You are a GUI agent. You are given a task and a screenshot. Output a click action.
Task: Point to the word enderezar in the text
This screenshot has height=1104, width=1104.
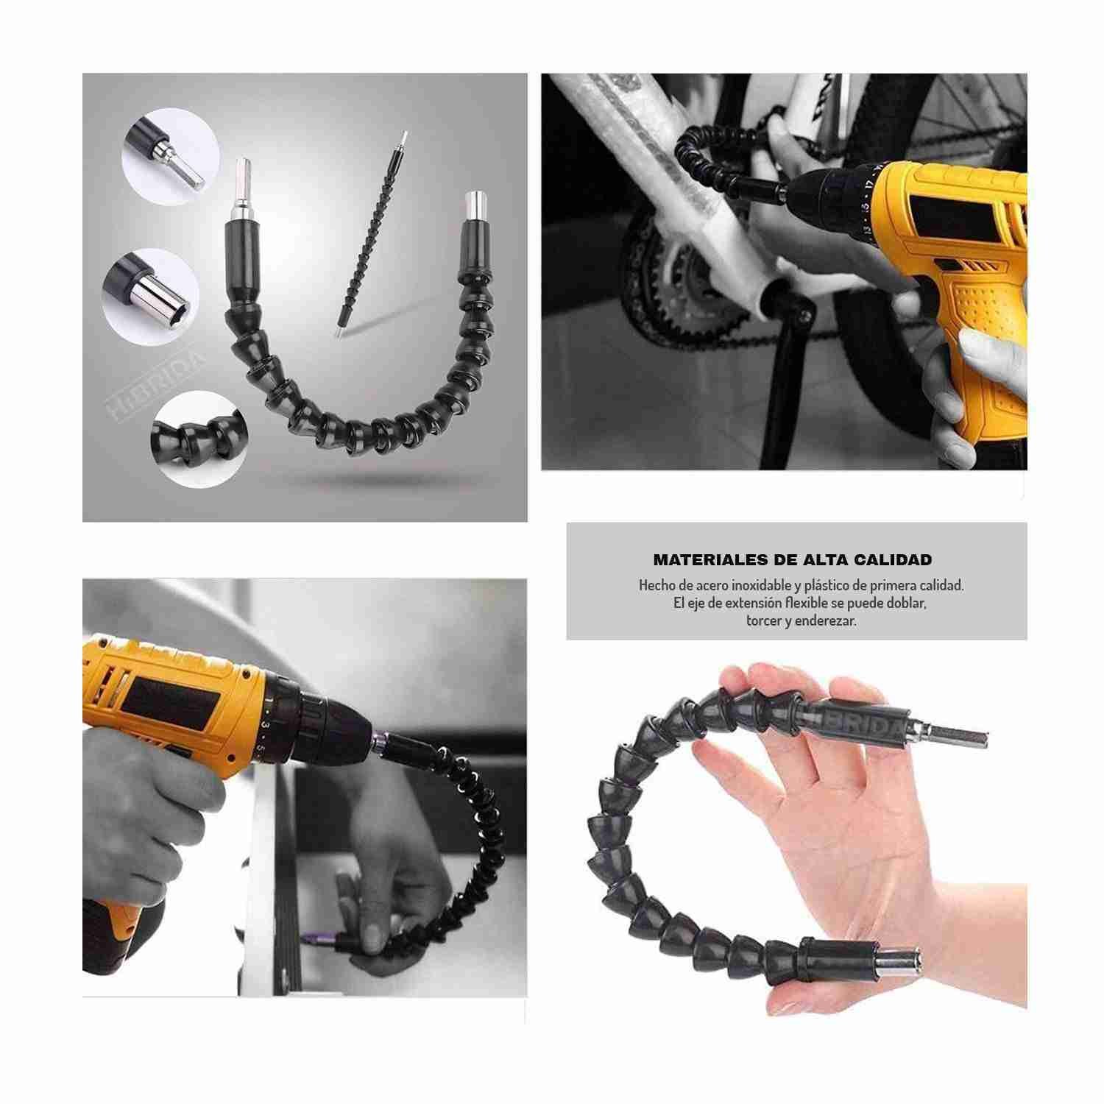(x=825, y=620)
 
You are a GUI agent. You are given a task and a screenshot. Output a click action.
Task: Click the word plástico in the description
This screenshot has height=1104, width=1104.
(x=832, y=586)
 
